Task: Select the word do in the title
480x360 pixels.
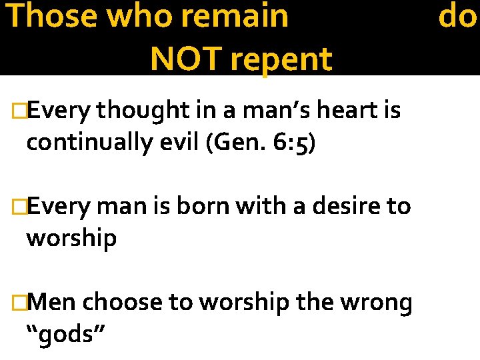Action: (x=457, y=16)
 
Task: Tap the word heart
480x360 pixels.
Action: (x=342, y=110)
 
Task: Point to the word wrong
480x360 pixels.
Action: (x=376, y=303)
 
